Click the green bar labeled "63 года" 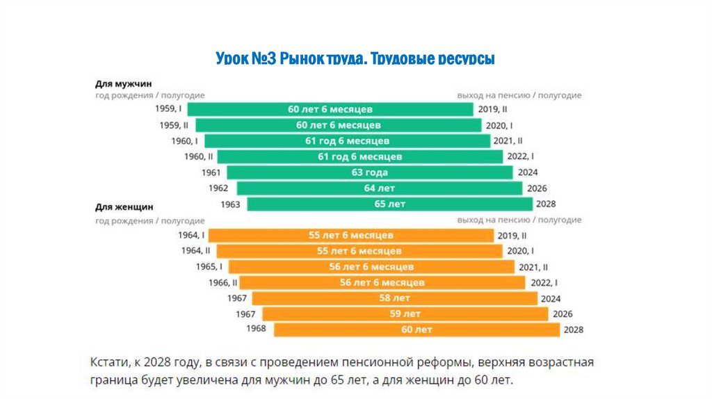(x=369, y=172)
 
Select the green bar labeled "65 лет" (x=389, y=204)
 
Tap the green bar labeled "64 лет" (x=379, y=188)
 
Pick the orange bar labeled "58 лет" (x=394, y=298)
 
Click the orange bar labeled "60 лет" (x=416, y=329)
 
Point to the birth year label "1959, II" (x=174, y=125)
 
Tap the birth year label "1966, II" (x=222, y=283)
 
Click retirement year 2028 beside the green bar (x=545, y=204)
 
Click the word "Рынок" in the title (x=302, y=60)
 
